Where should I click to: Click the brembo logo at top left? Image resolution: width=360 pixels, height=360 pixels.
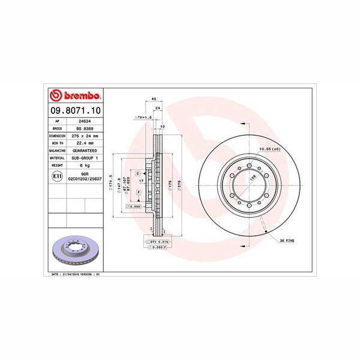tap(74, 96)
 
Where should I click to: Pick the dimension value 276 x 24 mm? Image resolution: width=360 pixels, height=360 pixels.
tap(85, 137)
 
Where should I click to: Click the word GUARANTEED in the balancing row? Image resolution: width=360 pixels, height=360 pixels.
tap(85, 151)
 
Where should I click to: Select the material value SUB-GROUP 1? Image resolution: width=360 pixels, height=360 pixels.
tap(85, 158)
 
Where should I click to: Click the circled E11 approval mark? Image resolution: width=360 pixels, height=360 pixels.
tap(56, 176)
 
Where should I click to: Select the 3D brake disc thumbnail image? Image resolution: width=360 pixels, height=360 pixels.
tap(74, 248)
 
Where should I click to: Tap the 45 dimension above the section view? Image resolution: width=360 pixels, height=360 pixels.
tap(154, 98)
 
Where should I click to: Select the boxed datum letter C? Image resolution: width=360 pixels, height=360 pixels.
tap(137, 173)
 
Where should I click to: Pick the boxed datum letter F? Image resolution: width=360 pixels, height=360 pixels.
tap(139, 193)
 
